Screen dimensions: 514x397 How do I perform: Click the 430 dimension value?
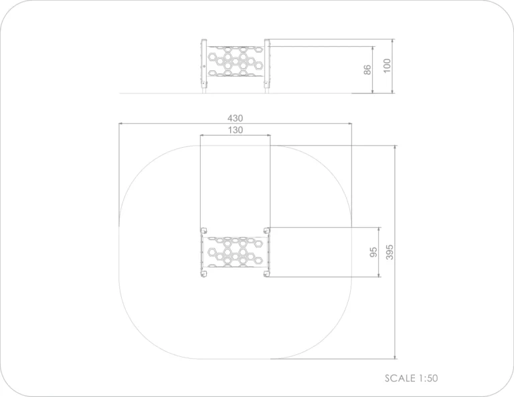(x=235, y=118)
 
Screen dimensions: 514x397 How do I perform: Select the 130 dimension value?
(x=236, y=130)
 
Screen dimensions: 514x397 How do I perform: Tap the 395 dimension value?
(x=390, y=252)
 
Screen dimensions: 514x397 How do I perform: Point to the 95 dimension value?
(x=373, y=252)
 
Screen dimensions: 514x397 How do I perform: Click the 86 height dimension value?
(x=367, y=70)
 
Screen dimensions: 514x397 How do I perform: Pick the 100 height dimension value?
(x=387, y=65)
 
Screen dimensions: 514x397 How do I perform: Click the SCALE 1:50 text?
(x=411, y=378)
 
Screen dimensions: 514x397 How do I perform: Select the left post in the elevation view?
(x=204, y=66)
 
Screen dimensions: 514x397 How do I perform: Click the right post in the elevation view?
(x=267, y=66)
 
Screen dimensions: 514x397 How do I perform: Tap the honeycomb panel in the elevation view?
(x=236, y=61)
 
